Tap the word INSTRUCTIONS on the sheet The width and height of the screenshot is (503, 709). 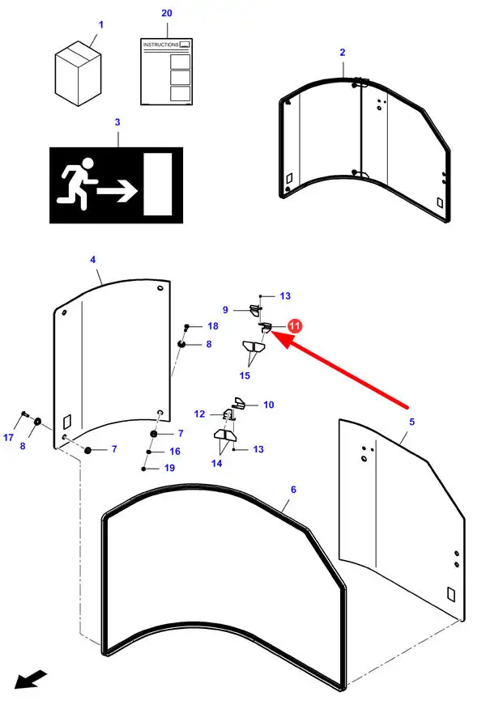[160, 45]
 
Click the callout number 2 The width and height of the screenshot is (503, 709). [343, 52]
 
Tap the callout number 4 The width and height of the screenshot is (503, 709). [92, 260]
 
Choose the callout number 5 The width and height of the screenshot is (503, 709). [411, 422]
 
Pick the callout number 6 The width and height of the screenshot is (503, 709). [293, 490]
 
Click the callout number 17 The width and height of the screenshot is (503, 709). [9, 438]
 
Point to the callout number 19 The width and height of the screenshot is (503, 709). [169, 468]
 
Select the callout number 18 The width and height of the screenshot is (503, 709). [213, 326]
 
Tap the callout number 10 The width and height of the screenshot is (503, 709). [268, 404]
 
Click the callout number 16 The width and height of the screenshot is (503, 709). [175, 452]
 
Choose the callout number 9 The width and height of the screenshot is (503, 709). [227, 309]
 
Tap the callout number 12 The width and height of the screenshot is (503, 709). [199, 414]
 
